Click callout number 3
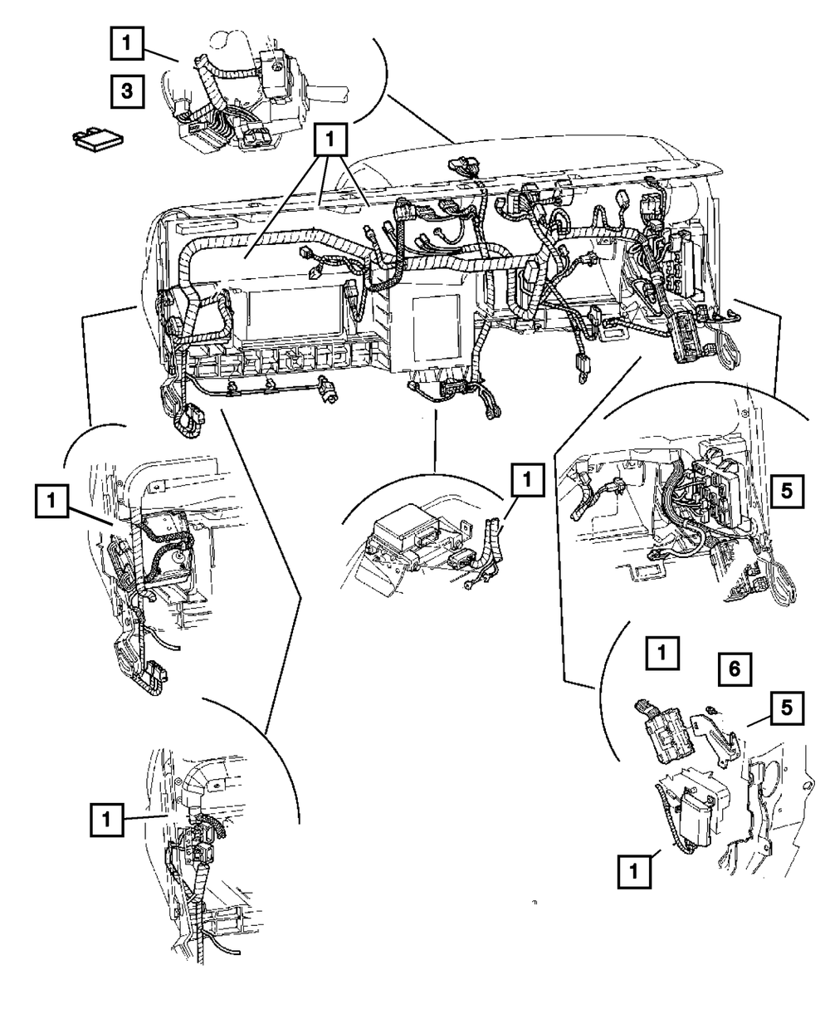pyautogui.click(x=127, y=91)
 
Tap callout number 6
pyautogui.click(x=735, y=669)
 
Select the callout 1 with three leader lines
pyautogui.click(x=330, y=140)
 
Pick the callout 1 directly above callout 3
pyautogui.click(x=127, y=43)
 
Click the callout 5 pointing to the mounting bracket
pyautogui.click(x=787, y=708)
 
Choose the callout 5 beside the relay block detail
pyautogui.click(x=787, y=492)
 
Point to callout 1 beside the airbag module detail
pyautogui.click(x=527, y=480)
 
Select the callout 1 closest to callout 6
pyautogui.click(x=662, y=653)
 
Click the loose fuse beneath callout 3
pyautogui.click(x=98, y=140)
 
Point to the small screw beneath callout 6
pyautogui.click(x=711, y=710)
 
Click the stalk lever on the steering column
pyautogui.click(x=325, y=93)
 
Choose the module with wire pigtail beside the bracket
pyautogui.click(x=665, y=740)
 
